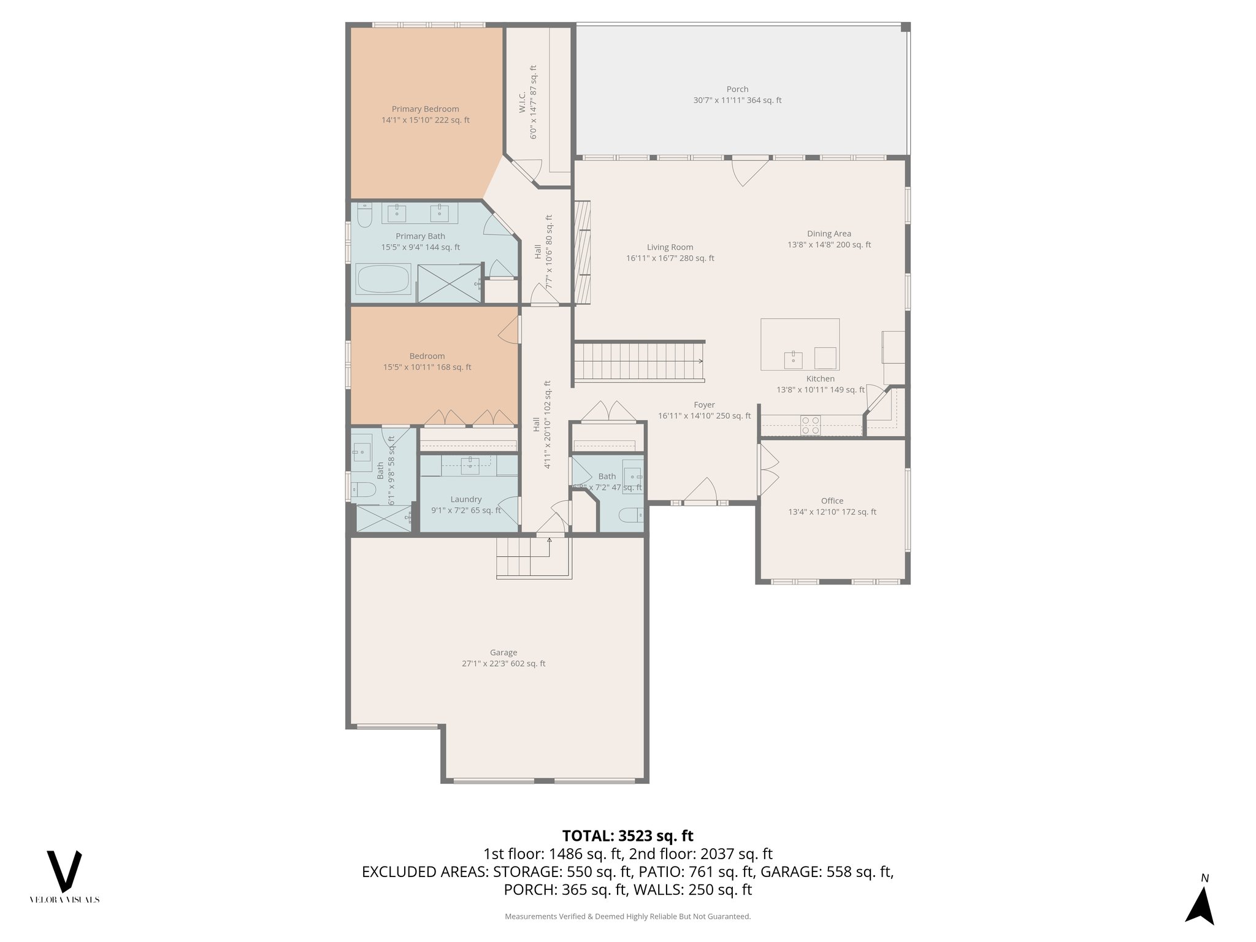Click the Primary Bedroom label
[x=425, y=109]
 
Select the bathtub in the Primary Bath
[x=383, y=280]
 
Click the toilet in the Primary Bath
[x=364, y=215]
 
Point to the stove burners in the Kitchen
[x=811, y=425]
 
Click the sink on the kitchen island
[x=793, y=359]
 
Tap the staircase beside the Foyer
[x=638, y=361]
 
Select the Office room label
[x=832, y=501]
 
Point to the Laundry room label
[x=465, y=499]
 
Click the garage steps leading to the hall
[x=523, y=556]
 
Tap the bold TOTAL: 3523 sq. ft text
[x=627, y=836]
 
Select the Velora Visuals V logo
[x=64, y=871]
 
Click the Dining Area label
[x=829, y=234]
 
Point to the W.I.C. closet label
[x=522, y=102]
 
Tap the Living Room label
[x=670, y=247]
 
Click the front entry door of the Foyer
[x=700, y=494]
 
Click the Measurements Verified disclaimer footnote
[x=627, y=916]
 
